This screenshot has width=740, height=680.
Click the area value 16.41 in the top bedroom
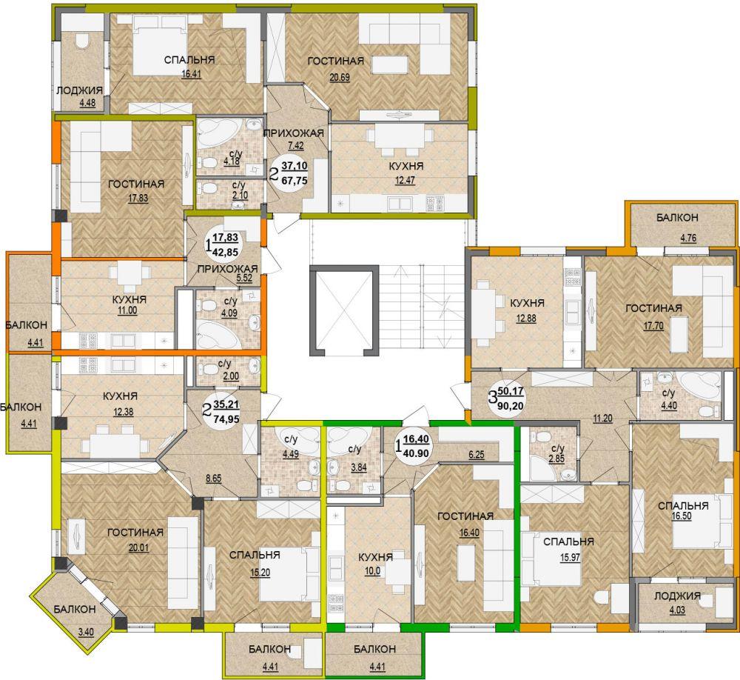191,74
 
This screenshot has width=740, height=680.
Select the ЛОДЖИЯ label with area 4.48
79,90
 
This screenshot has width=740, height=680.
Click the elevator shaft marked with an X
344,310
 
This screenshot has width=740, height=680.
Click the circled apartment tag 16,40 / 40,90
414,446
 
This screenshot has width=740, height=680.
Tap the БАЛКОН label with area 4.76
677,218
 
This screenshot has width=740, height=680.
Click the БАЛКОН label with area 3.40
75,610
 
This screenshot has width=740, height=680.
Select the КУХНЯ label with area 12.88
527,303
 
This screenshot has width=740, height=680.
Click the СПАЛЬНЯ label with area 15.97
568,542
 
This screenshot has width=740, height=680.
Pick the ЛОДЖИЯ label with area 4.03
677,596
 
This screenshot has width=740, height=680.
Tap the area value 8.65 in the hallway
214,479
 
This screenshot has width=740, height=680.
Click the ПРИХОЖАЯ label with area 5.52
227,269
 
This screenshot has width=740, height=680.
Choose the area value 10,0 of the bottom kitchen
373,571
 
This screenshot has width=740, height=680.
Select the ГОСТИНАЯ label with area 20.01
135,533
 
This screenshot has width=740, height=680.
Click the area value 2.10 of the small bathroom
240,195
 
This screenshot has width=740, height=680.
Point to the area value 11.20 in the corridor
603,419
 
